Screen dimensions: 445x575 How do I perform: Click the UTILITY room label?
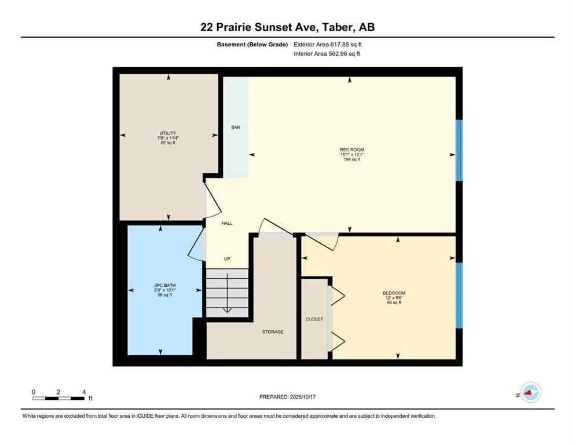168,133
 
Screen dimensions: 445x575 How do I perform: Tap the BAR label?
236,127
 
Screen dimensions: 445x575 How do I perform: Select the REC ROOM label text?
351,149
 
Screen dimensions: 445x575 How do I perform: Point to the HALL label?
227,223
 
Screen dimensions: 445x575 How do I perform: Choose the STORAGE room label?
273,332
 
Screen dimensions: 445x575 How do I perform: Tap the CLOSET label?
314,319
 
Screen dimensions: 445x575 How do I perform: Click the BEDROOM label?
394,293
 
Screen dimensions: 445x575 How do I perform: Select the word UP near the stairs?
227,259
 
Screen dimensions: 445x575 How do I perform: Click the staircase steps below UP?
227,293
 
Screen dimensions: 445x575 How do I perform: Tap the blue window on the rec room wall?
459,150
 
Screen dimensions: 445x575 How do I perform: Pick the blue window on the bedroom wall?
459,296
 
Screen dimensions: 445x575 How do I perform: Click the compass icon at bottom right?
530,393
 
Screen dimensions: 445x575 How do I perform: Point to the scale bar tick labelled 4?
84,392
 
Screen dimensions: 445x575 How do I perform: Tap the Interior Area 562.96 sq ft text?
328,54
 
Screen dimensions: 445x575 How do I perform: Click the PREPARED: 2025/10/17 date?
287,397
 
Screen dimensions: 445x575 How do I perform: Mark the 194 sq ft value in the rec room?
351,159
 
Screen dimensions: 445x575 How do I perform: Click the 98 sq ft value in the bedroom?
394,302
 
